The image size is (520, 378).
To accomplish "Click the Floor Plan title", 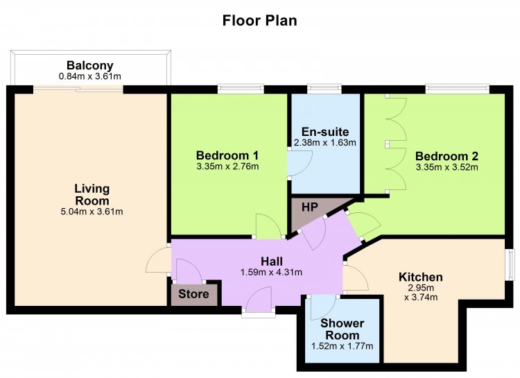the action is pyautogui.click(x=260, y=20).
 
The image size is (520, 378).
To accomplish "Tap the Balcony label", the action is pyautogui.click(x=90, y=65).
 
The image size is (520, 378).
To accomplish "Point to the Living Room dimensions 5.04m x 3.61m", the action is pyautogui.click(x=92, y=212).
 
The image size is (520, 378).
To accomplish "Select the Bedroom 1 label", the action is pyautogui.click(x=227, y=155).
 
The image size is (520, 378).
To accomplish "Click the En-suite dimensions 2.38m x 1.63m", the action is pyautogui.click(x=325, y=143).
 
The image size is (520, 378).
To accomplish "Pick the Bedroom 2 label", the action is pyautogui.click(x=447, y=156).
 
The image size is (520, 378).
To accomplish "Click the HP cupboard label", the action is pyautogui.click(x=310, y=207).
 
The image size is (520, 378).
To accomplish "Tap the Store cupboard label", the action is pyautogui.click(x=193, y=294).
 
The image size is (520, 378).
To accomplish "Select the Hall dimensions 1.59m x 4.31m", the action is pyautogui.click(x=271, y=273).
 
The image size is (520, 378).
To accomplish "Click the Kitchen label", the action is pyautogui.click(x=421, y=277).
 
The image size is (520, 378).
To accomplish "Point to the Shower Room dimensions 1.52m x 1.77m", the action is pyautogui.click(x=343, y=346).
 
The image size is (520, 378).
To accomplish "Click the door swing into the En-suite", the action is pyautogui.click(x=300, y=163).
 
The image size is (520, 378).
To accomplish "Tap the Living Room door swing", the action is pyautogui.click(x=158, y=261).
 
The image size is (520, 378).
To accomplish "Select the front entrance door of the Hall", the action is pyautogui.click(x=259, y=300).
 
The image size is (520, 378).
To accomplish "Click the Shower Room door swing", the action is pyautogui.click(x=323, y=308).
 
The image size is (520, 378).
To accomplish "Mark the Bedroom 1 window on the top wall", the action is pyautogui.click(x=241, y=88).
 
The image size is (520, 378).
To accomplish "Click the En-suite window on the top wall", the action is pyautogui.click(x=324, y=88).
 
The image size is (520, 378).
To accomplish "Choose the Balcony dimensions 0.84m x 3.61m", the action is pyautogui.click(x=90, y=76).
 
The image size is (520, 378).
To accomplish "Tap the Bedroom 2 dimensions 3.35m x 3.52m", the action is pyautogui.click(x=447, y=167).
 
